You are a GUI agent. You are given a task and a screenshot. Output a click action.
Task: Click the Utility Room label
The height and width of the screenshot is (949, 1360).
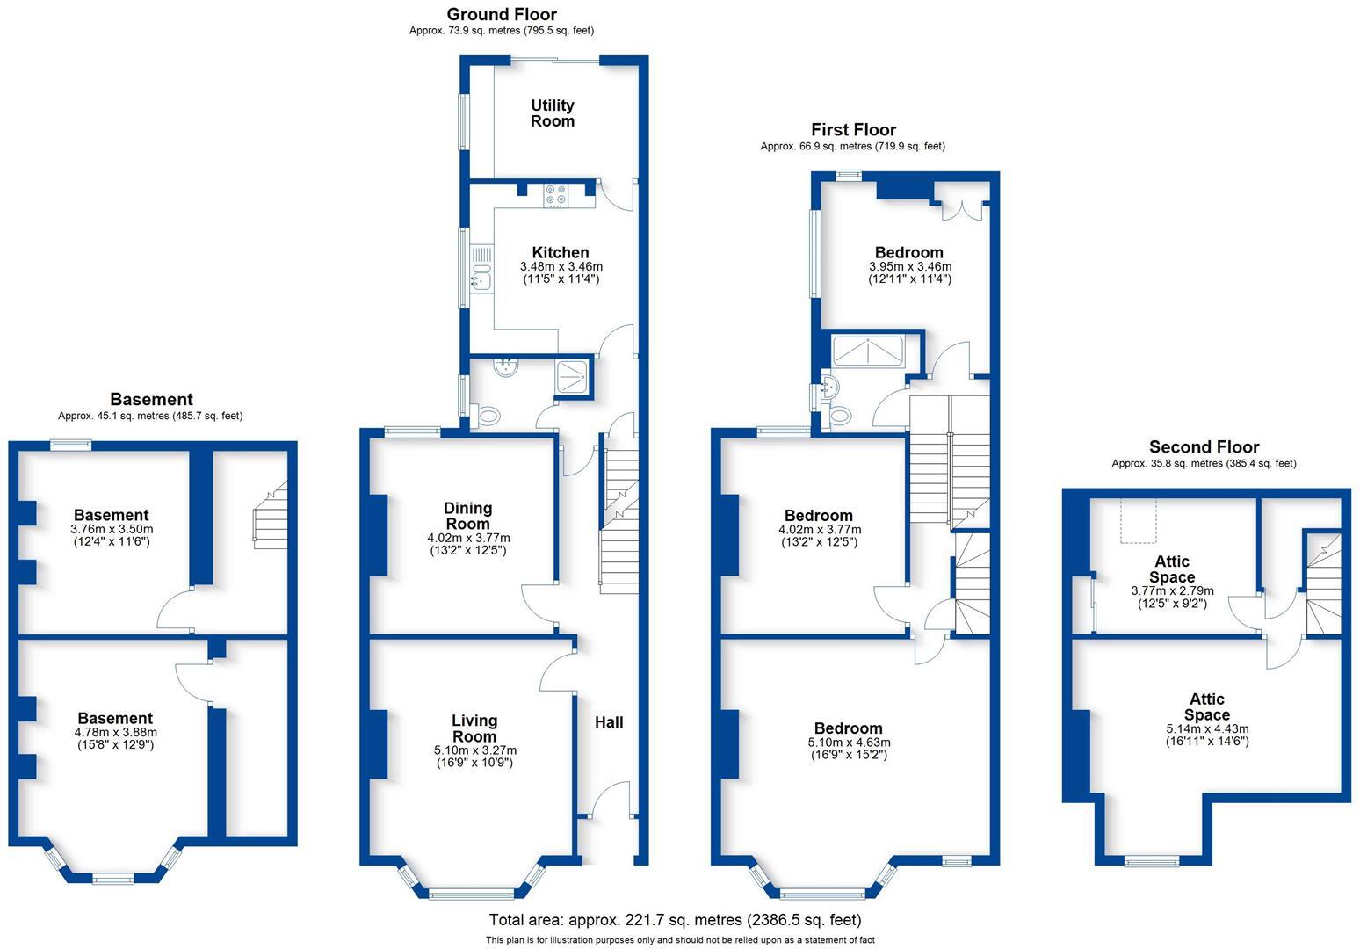pos(552,113)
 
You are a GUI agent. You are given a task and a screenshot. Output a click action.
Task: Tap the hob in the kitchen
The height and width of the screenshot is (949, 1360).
pos(555,195)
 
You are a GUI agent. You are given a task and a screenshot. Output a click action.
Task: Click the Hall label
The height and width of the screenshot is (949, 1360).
pos(609,722)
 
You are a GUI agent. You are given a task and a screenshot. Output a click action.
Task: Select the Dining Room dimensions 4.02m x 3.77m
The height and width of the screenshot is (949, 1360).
pos(467,538)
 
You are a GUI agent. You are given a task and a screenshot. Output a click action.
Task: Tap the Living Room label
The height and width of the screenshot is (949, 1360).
pos(474,728)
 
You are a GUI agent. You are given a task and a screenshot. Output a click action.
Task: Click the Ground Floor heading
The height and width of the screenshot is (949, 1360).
pos(501,14)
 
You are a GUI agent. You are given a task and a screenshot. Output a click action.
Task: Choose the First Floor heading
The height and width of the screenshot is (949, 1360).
pos(853,130)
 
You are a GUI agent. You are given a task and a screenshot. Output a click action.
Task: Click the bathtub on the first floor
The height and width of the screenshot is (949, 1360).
pos(868,351)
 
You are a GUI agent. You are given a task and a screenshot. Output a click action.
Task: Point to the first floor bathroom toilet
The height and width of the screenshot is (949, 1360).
pos(840,416)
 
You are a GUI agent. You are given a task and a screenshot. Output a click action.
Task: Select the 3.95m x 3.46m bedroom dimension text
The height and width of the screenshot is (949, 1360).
pos(909,266)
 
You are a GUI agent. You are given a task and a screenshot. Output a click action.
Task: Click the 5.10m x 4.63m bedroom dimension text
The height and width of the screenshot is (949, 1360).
pos(848,743)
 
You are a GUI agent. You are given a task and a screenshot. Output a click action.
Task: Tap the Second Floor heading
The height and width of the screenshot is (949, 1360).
pos(1204,447)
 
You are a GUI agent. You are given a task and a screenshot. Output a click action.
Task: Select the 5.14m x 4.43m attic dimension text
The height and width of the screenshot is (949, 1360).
pos(1206,728)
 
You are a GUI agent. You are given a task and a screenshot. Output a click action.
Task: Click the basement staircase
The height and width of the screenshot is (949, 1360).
pos(271,518)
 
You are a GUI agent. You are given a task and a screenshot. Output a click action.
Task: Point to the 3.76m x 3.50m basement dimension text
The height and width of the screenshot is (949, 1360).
pos(111,529)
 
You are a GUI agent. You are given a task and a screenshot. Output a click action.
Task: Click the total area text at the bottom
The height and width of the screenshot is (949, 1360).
pos(675,920)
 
